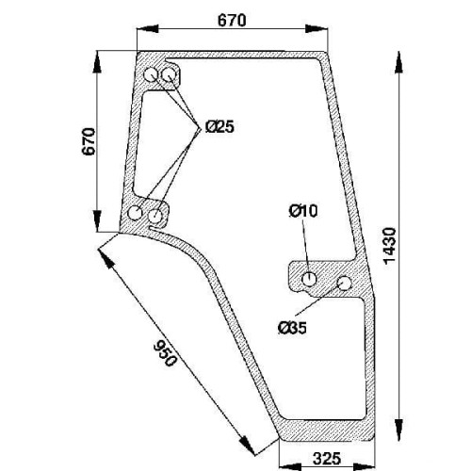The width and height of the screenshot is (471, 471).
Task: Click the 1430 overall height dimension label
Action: coord(391,246)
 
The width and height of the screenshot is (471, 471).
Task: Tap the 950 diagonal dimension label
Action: coord(163,353)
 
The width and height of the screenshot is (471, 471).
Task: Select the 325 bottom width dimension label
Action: coord(327,459)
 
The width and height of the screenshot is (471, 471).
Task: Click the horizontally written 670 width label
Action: coord(232,21)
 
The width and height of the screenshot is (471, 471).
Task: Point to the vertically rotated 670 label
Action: coord(89,141)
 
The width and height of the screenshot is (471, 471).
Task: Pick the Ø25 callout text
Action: coord(219,127)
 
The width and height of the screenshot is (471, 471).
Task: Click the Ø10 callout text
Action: coord(303,211)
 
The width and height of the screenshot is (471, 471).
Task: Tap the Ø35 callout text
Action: coord(292,329)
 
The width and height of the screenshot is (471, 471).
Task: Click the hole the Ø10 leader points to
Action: coord(309,279)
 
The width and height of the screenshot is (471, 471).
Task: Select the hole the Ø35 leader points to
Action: coord(344,283)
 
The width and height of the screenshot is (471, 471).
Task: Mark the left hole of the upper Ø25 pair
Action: coord(151,75)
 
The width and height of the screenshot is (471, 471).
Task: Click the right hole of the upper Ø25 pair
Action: coord(169,75)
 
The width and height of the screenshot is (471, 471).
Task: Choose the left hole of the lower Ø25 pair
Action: coord(136,213)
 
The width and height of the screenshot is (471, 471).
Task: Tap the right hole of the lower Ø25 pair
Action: coord(154,216)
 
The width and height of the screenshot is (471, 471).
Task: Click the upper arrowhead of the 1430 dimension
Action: coord(398,62)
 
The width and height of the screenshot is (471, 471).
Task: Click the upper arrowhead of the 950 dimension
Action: coord(106,257)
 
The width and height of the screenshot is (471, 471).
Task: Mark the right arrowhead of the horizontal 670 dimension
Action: coord(317,29)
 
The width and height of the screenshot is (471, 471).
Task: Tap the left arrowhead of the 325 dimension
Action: coord(290,465)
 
